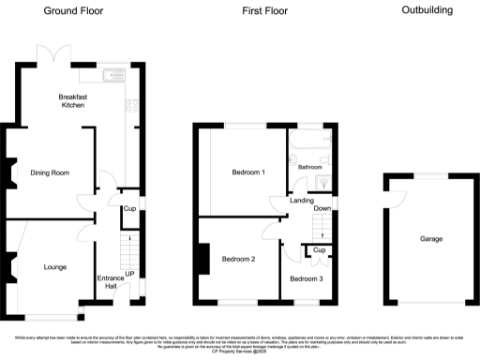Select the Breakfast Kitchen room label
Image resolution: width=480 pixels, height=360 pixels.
coord(72,101)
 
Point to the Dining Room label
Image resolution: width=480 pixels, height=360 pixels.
coord(52,173)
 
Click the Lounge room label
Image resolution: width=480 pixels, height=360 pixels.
coord(54,267)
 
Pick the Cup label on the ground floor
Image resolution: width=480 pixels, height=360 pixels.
coord(129,209)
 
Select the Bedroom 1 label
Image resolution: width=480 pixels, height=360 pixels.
coord(248,173)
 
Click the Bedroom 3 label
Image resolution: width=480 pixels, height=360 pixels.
coord(306,278)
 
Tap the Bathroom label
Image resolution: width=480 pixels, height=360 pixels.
coord(310,167)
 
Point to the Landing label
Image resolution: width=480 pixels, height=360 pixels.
coord(301,201)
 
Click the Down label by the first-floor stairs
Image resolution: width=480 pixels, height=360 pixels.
coord(322,208)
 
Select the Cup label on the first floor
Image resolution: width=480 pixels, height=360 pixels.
coord(319,250)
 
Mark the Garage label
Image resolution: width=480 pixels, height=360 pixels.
coord(432,239)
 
